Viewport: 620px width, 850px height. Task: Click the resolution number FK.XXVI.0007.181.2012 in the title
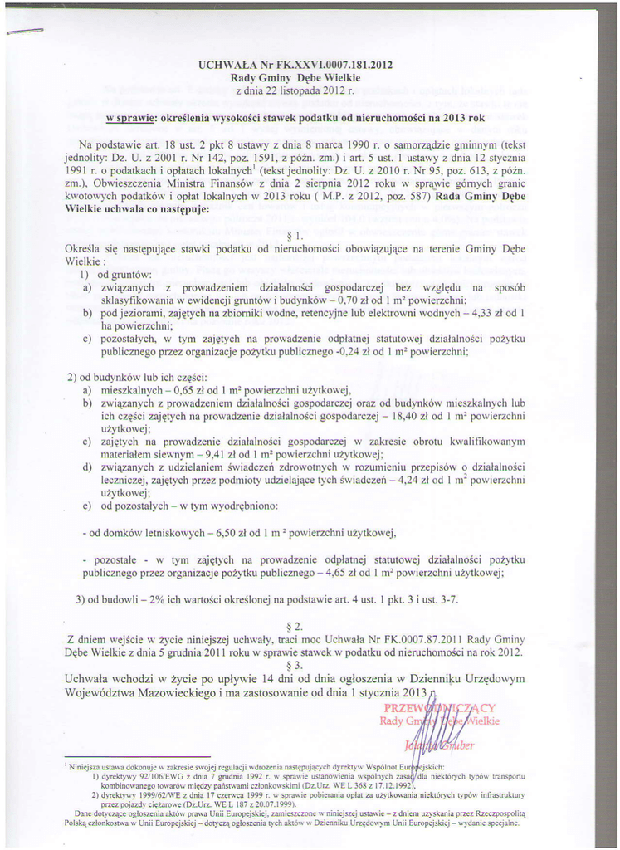coord(332,64)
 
